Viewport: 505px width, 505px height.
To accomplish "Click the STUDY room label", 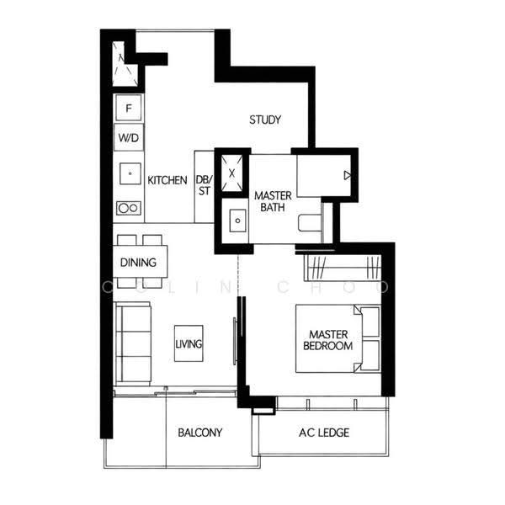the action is [265, 120].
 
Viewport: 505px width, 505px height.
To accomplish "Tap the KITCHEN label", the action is [167, 180].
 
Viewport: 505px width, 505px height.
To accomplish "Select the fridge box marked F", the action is [129, 108].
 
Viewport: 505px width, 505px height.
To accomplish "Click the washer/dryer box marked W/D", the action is [129, 137].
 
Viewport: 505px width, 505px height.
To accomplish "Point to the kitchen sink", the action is [130, 173].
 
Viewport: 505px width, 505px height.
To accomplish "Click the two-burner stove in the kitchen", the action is [129, 208].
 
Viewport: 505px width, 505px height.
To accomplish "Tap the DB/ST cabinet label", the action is [205, 185].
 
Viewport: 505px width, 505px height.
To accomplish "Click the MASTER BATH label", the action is [273, 201].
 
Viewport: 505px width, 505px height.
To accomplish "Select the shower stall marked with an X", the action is [232, 173].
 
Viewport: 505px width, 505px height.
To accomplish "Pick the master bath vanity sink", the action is [237, 221].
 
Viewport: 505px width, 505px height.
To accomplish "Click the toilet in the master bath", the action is [310, 222].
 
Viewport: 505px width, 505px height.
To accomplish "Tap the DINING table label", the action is [138, 262].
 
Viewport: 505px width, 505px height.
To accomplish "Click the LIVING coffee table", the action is [189, 343].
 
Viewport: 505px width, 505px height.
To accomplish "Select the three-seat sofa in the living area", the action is [133, 343].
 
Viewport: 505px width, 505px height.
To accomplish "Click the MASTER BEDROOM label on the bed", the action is [328, 340].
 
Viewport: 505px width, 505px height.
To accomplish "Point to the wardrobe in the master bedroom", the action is [343, 267].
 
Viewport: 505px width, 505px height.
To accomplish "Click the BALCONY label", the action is [200, 433].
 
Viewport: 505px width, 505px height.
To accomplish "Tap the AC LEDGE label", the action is [324, 433].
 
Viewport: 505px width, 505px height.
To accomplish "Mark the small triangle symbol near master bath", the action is [347, 176].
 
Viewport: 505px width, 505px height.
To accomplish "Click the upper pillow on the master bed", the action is [370, 322].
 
